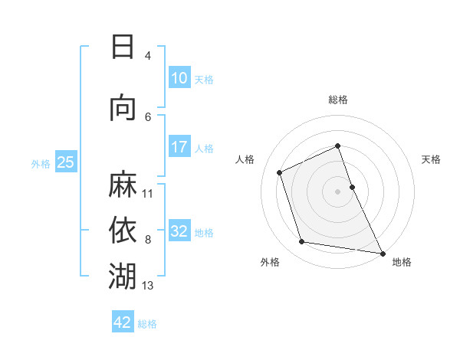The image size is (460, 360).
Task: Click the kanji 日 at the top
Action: pyautogui.click(x=123, y=47)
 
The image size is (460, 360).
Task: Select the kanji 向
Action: pyautogui.click(x=123, y=108)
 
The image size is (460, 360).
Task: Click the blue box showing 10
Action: pyautogui.click(x=179, y=78)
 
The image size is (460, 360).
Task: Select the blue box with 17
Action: pyautogui.click(x=179, y=147)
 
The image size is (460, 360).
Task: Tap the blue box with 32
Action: pyautogui.click(x=179, y=231)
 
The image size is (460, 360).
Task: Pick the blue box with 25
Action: pyautogui.click(x=65, y=162)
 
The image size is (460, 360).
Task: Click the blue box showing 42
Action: pyautogui.click(x=123, y=322)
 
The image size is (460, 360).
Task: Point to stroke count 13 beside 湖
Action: pyautogui.click(x=148, y=286)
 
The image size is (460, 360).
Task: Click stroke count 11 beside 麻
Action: pyautogui.click(x=148, y=194)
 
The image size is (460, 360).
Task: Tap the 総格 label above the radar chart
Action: pyautogui.click(x=338, y=100)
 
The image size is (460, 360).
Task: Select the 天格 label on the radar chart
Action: pyautogui.click(x=432, y=159)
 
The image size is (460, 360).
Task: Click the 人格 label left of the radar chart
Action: pyautogui.click(x=245, y=159)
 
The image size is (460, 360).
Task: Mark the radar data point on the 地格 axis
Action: pyautogui.click(x=382, y=252)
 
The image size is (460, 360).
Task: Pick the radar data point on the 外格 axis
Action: pyautogui.click(x=302, y=242)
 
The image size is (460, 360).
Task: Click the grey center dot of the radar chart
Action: pyautogui.click(x=338, y=191)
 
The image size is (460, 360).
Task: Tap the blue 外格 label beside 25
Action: pyautogui.click(x=41, y=163)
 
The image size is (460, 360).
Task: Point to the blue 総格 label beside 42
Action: pyautogui.click(x=147, y=323)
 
